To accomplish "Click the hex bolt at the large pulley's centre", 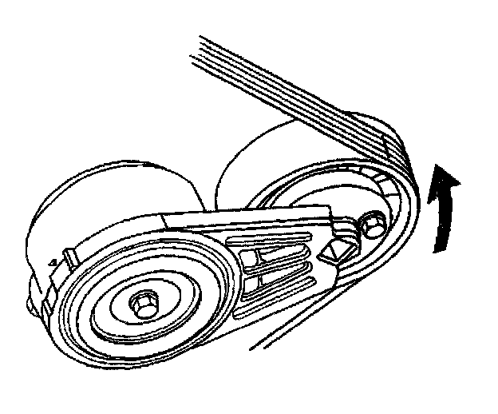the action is pos(144,303).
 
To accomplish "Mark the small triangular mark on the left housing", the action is pos(51,261).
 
